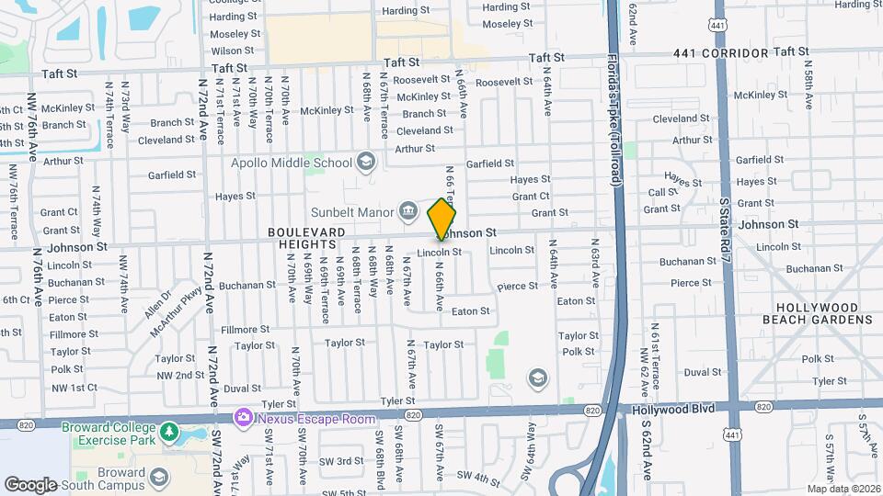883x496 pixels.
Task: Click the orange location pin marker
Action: tap(442, 220)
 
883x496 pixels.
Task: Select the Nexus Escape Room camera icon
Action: tap(244, 417)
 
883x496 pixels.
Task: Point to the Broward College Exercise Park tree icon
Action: tap(167, 431)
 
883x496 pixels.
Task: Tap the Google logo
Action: tap(30, 484)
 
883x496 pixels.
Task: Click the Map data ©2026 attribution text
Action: tap(843, 489)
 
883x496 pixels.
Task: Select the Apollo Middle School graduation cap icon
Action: tap(366, 163)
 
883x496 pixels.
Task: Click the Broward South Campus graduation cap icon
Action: tap(159, 477)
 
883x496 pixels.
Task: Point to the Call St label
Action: tap(663, 192)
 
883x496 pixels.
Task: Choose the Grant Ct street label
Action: tap(531, 197)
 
